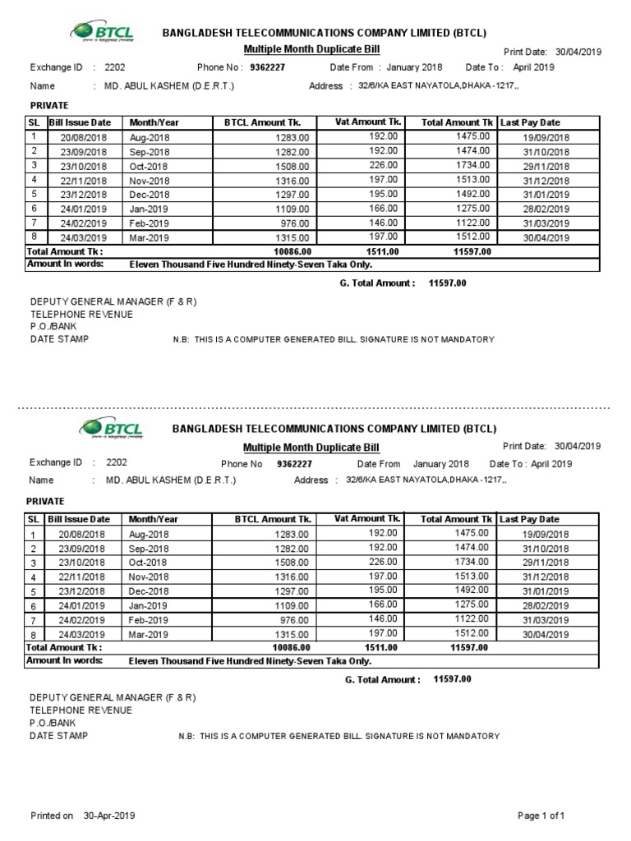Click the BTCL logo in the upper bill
[103, 32]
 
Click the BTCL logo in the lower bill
[111, 428]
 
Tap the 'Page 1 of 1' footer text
[541, 816]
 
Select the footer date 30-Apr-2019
[109, 816]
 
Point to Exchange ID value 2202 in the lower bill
[117, 462]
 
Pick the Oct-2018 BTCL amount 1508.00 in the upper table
[292, 166]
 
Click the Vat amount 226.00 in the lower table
[383, 562]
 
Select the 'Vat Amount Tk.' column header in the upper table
[366, 122]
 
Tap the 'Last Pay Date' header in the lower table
[529, 519]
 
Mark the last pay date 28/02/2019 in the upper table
[546, 209]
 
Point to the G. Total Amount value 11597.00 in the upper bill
[448, 283]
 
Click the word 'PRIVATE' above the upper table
[48, 105]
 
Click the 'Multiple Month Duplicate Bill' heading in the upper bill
[311, 50]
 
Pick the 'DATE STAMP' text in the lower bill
[59, 736]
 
